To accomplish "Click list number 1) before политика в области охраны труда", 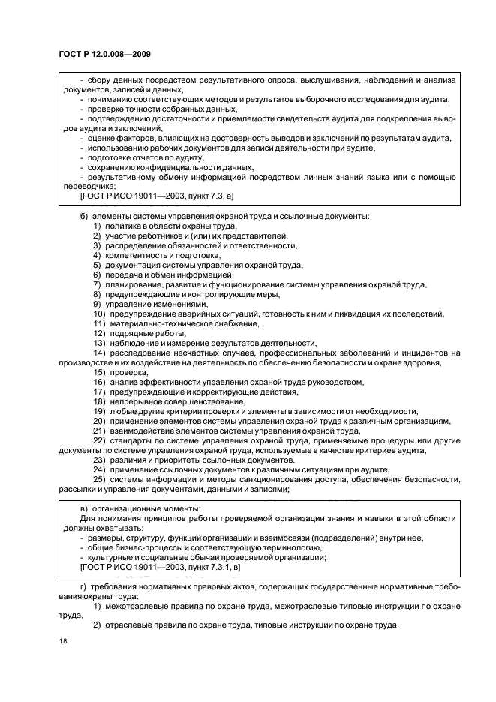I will (x=97, y=226).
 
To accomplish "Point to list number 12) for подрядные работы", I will (x=98, y=333).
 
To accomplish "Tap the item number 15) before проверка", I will (x=98, y=372).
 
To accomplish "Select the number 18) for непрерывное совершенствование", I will (x=98, y=401).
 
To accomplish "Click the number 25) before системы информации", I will (x=98, y=479).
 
